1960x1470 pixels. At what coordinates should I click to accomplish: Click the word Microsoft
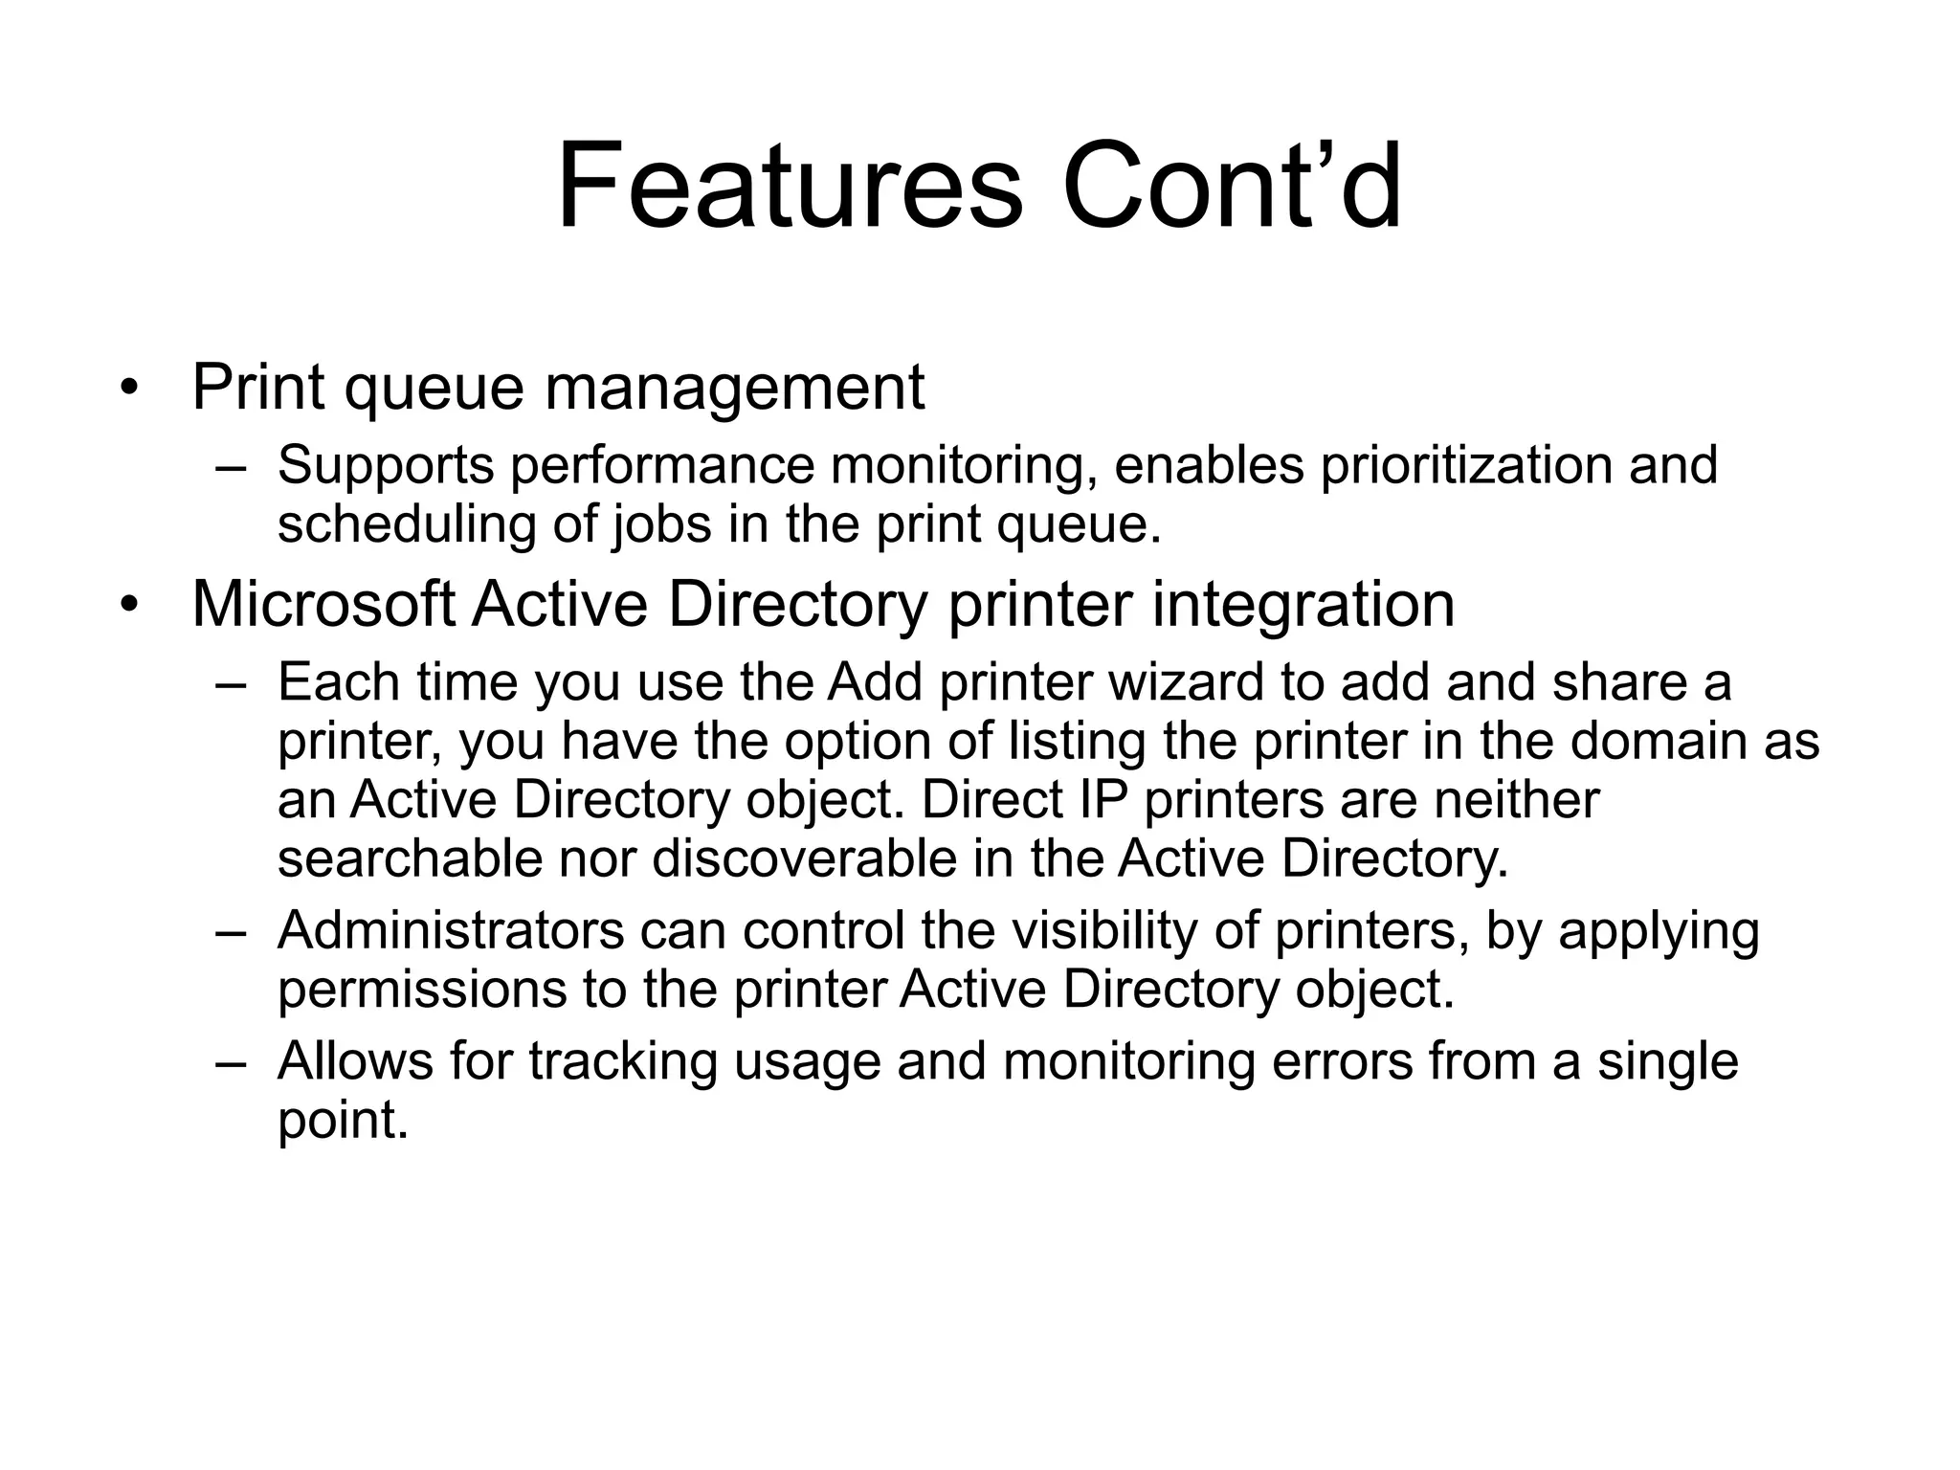click(x=323, y=605)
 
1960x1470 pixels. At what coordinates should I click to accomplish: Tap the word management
click(x=734, y=390)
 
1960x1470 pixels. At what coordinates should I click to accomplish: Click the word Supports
click(x=386, y=467)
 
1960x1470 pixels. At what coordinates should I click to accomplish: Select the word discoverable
click(x=804, y=858)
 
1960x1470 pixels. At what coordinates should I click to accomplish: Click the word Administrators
click(x=450, y=930)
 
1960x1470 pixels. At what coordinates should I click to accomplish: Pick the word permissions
click(x=422, y=991)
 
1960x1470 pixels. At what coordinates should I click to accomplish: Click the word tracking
click(x=622, y=1061)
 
